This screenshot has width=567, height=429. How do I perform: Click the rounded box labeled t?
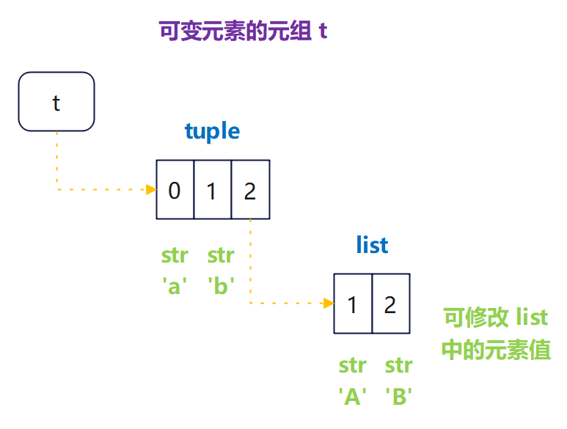pos(56,102)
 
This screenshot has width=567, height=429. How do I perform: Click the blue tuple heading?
pos(212,131)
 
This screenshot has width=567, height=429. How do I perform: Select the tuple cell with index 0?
pos(175,190)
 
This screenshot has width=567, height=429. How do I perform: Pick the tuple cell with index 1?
pos(212,190)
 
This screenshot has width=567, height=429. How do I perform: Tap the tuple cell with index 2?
pos(250,190)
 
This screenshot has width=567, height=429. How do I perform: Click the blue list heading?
pos(372,245)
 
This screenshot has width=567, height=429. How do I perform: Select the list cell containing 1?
pos(353,304)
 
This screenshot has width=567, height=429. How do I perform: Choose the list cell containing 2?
pos(390,304)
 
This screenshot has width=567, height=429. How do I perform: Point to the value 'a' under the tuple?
pos(175,285)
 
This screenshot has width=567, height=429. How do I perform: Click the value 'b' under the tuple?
pos(221,285)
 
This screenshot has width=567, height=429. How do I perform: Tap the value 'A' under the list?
pos(353,396)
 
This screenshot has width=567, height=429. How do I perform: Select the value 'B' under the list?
pos(398,396)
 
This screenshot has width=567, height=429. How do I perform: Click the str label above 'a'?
pos(175,256)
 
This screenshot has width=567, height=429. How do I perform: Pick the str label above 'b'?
pos(221,256)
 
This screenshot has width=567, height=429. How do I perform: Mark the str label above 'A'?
pos(353,365)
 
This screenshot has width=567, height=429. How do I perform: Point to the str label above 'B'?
pos(398,365)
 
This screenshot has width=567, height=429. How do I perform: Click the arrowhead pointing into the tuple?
pos(151,190)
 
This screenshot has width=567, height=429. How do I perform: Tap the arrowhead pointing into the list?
pos(329,302)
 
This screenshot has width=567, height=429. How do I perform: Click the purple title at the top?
pos(243,32)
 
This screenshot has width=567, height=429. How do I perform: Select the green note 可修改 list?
pos(496,318)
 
